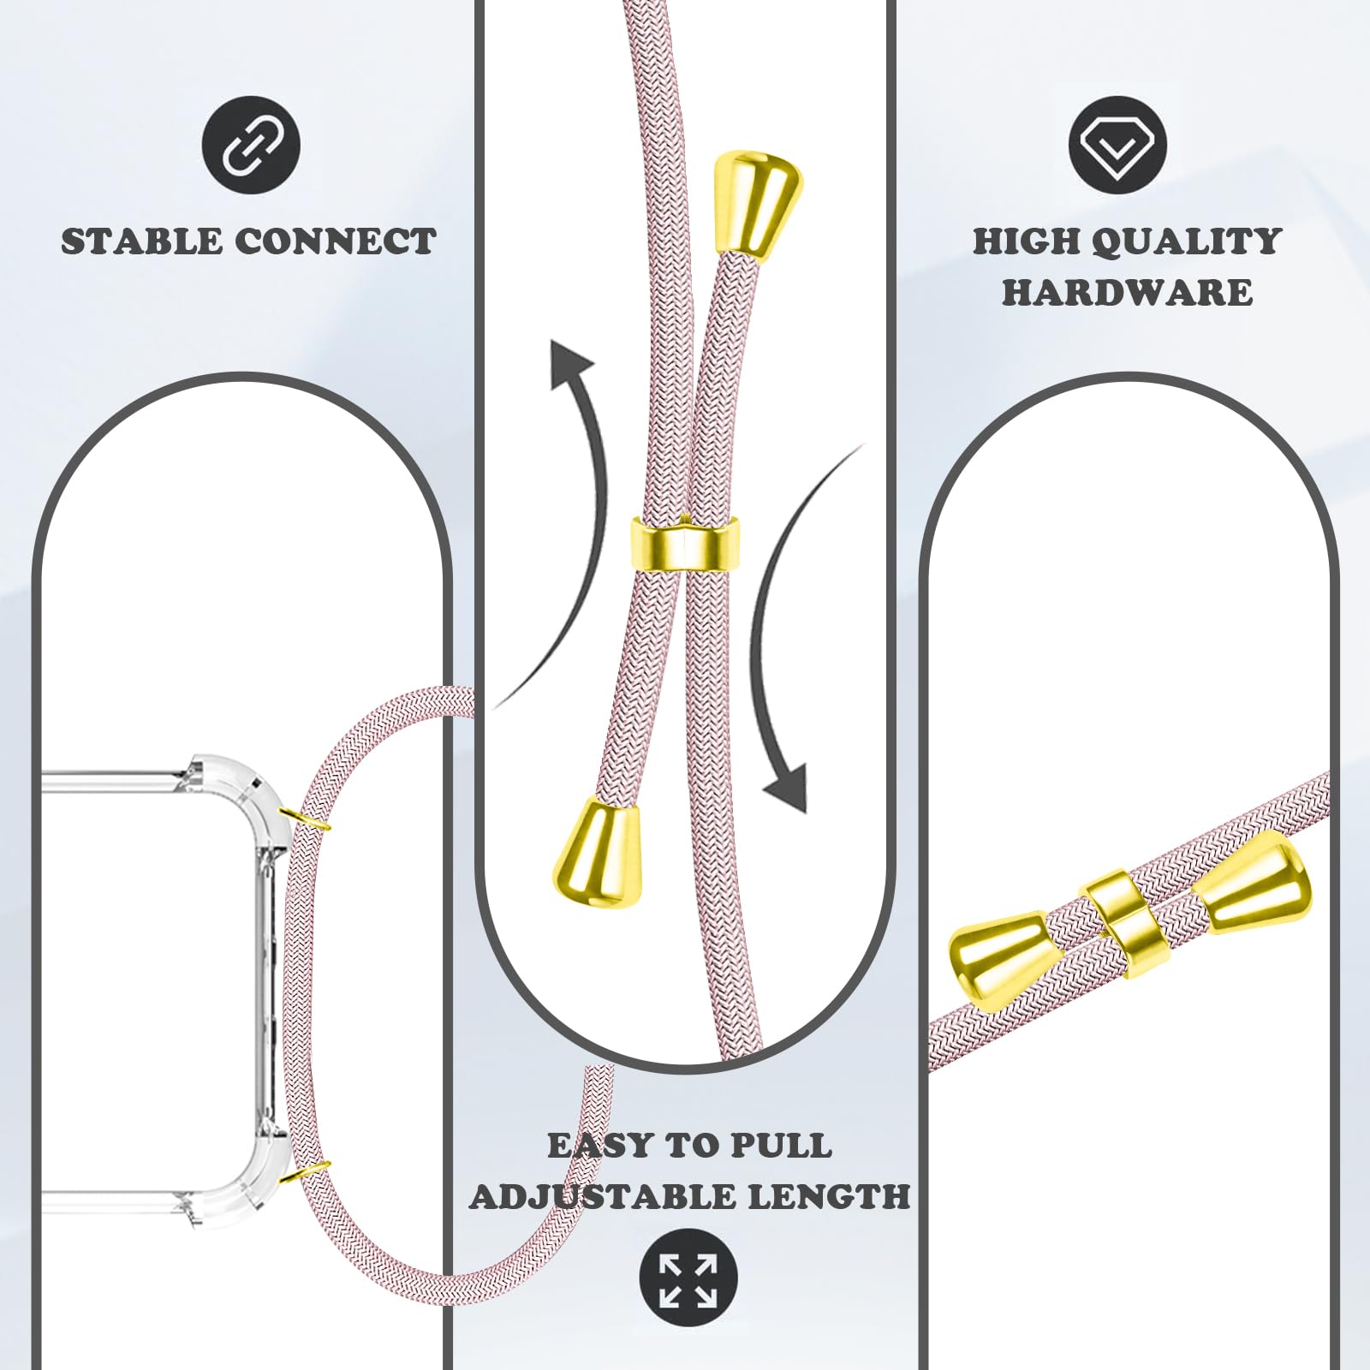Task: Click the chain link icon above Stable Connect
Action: coord(251,145)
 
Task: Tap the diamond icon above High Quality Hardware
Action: coord(1118,145)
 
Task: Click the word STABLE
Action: coord(141,241)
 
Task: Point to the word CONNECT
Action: coord(336,241)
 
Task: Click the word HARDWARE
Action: coord(1128,293)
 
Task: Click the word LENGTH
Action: coord(829,1196)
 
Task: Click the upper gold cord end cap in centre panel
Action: coord(759,202)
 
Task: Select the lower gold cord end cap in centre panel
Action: coord(599,853)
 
